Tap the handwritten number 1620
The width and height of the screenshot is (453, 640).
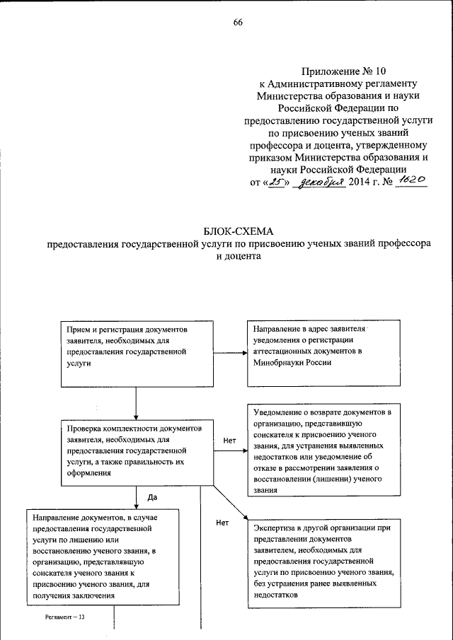pyautogui.click(x=411, y=181)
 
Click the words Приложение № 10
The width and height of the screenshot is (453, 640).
pyautogui.click(x=344, y=71)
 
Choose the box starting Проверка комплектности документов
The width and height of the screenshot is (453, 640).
pyautogui.click(x=134, y=451)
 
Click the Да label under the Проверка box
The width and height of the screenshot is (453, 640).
pyautogui.click(x=151, y=497)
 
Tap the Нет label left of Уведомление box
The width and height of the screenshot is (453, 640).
pyautogui.click(x=229, y=440)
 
